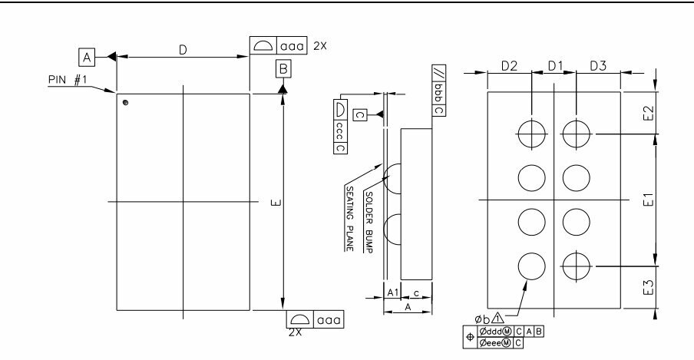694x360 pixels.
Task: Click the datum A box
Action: click(x=87, y=57)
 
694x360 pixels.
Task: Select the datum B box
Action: click(x=283, y=69)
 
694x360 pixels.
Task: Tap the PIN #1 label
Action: click(x=68, y=80)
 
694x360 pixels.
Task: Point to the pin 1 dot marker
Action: click(x=126, y=103)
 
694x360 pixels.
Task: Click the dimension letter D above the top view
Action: click(x=183, y=51)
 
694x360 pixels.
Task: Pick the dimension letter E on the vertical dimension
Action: click(x=276, y=203)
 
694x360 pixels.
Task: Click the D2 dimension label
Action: click(x=509, y=66)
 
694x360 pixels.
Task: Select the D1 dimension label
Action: click(x=555, y=66)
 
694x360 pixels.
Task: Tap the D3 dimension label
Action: click(x=598, y=66)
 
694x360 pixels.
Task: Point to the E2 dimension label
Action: click(x=648, y=113)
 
